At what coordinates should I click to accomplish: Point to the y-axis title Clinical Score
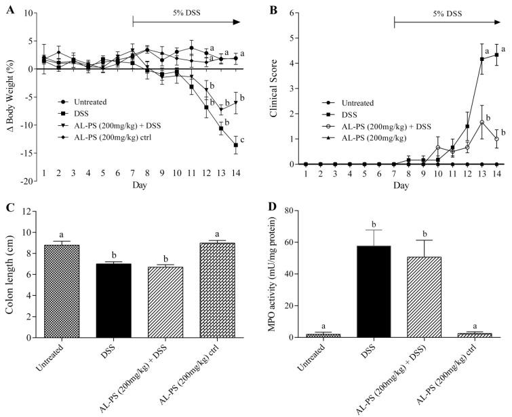[x=275, y=87]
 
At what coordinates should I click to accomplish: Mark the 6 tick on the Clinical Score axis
[x=293, y=13]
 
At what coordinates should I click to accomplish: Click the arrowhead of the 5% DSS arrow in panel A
[x=237, y=22]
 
